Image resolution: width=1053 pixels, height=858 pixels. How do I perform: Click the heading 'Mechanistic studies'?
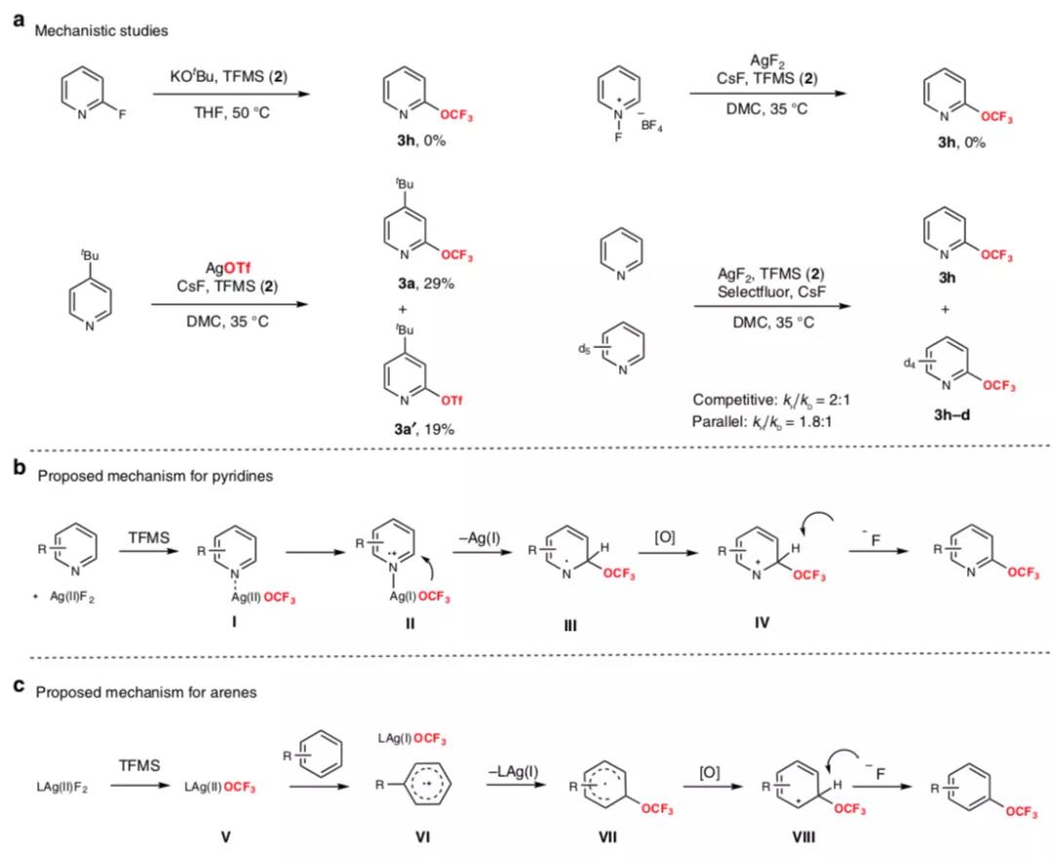click(100, 30)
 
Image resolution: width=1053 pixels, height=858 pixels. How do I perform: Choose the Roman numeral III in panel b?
click(570, 626)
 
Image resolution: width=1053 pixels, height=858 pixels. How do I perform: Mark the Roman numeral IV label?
click(761, 622)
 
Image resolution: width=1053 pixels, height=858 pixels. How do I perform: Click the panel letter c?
click(19, 684)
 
